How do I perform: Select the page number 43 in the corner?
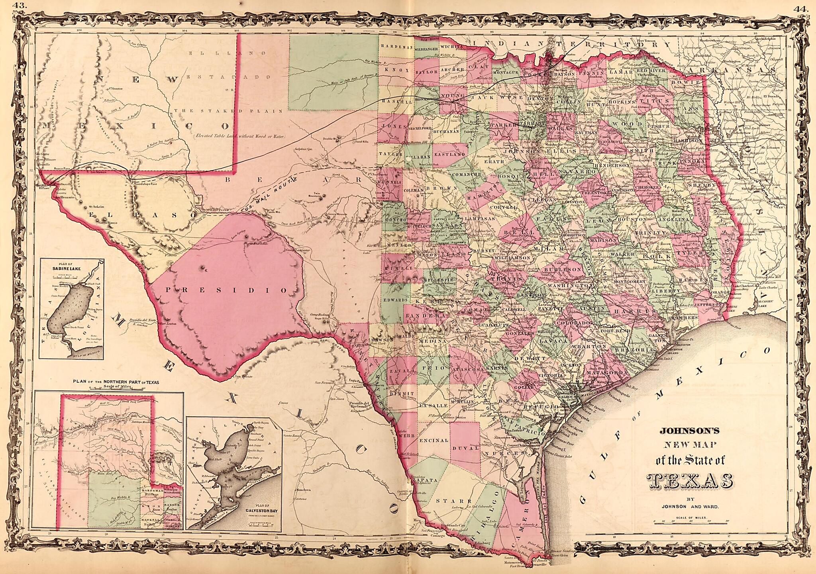[x=20, y=6]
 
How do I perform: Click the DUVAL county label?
[x=465, y=448]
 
